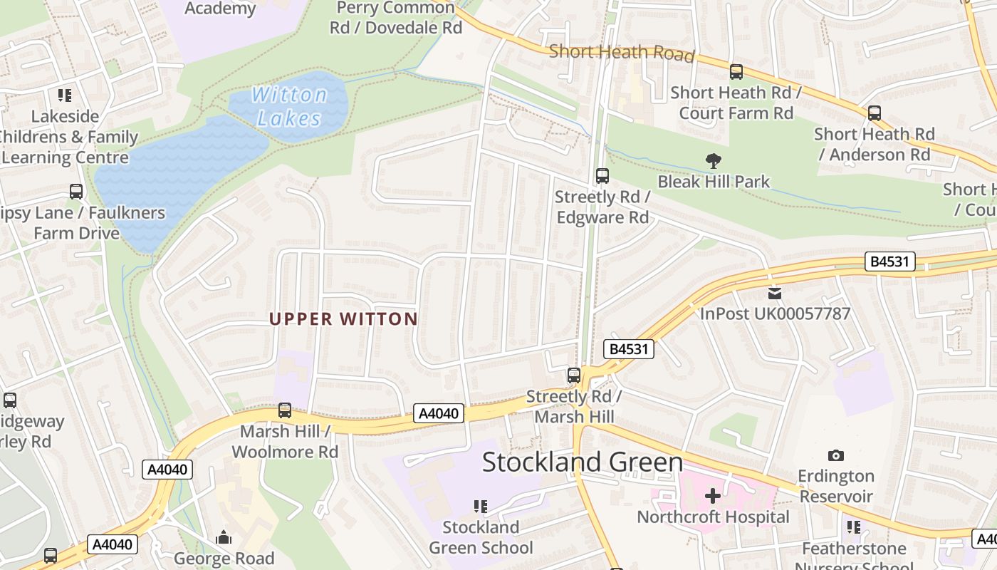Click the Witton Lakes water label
point(289,105)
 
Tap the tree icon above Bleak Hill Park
point(713,161)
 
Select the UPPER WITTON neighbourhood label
point(343,318)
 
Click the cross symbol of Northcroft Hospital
point(713,495)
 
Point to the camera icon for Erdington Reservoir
point(836,455)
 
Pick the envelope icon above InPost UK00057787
point(775,293)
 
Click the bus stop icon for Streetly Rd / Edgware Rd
point(602,175)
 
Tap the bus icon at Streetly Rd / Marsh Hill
point(574,375)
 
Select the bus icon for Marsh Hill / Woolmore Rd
point(285,410)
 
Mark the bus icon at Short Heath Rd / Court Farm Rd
point(736,71)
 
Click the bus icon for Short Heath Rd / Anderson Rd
point(875,113)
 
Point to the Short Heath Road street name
point(622,52)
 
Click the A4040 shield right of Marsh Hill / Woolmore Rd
point(439,413)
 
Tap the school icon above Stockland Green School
point(481,507)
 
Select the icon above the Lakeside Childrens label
point(65,95)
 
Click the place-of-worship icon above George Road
point(224,537)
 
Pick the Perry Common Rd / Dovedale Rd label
point(396,18)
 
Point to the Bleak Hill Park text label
point(714,182)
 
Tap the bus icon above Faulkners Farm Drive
point(76,192)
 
